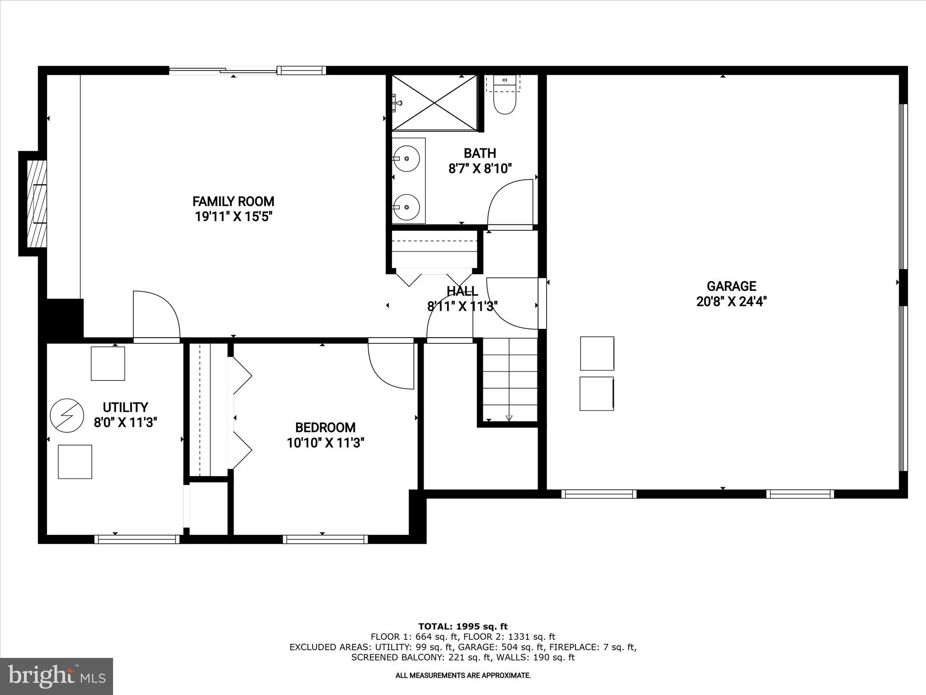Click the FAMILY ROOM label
[x=233, y=201]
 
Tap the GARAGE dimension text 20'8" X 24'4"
[x=731, y=301]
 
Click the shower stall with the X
[x=434, y=103]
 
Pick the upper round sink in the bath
[x=406, y=158]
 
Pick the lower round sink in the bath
[x=406, y=207]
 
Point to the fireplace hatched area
[x=37, y=204]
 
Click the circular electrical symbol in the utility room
[x=67, y=415]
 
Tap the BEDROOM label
[x=325, y=428]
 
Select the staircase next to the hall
[x=510, y=379]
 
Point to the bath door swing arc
[x=510, y=202]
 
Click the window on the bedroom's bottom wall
[x=325, y=539]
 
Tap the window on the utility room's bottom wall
[x=137, y=539]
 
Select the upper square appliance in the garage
[x=597, y=353]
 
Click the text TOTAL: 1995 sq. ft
[x=463, y=627]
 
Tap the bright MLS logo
[x=57, y=676]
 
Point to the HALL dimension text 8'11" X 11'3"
[x=462, y=307]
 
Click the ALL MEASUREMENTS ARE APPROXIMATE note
[x=463, y=676]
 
